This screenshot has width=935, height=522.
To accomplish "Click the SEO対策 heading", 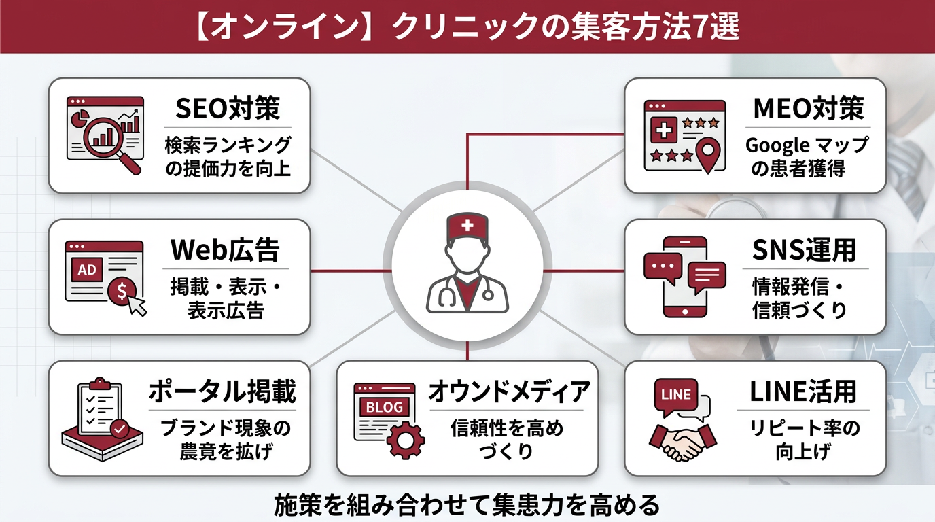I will [x=228, y=109].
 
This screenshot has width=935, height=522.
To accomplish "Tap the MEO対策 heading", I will [x=808, y=109].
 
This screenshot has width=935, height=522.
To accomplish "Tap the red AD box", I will [x=87, y=269].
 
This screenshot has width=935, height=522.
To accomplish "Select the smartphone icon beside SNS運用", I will [x=685, y=277].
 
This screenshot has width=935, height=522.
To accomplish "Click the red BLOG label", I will [x=384, y=407].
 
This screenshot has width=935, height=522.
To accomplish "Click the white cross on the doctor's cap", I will [x=467, y=225].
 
